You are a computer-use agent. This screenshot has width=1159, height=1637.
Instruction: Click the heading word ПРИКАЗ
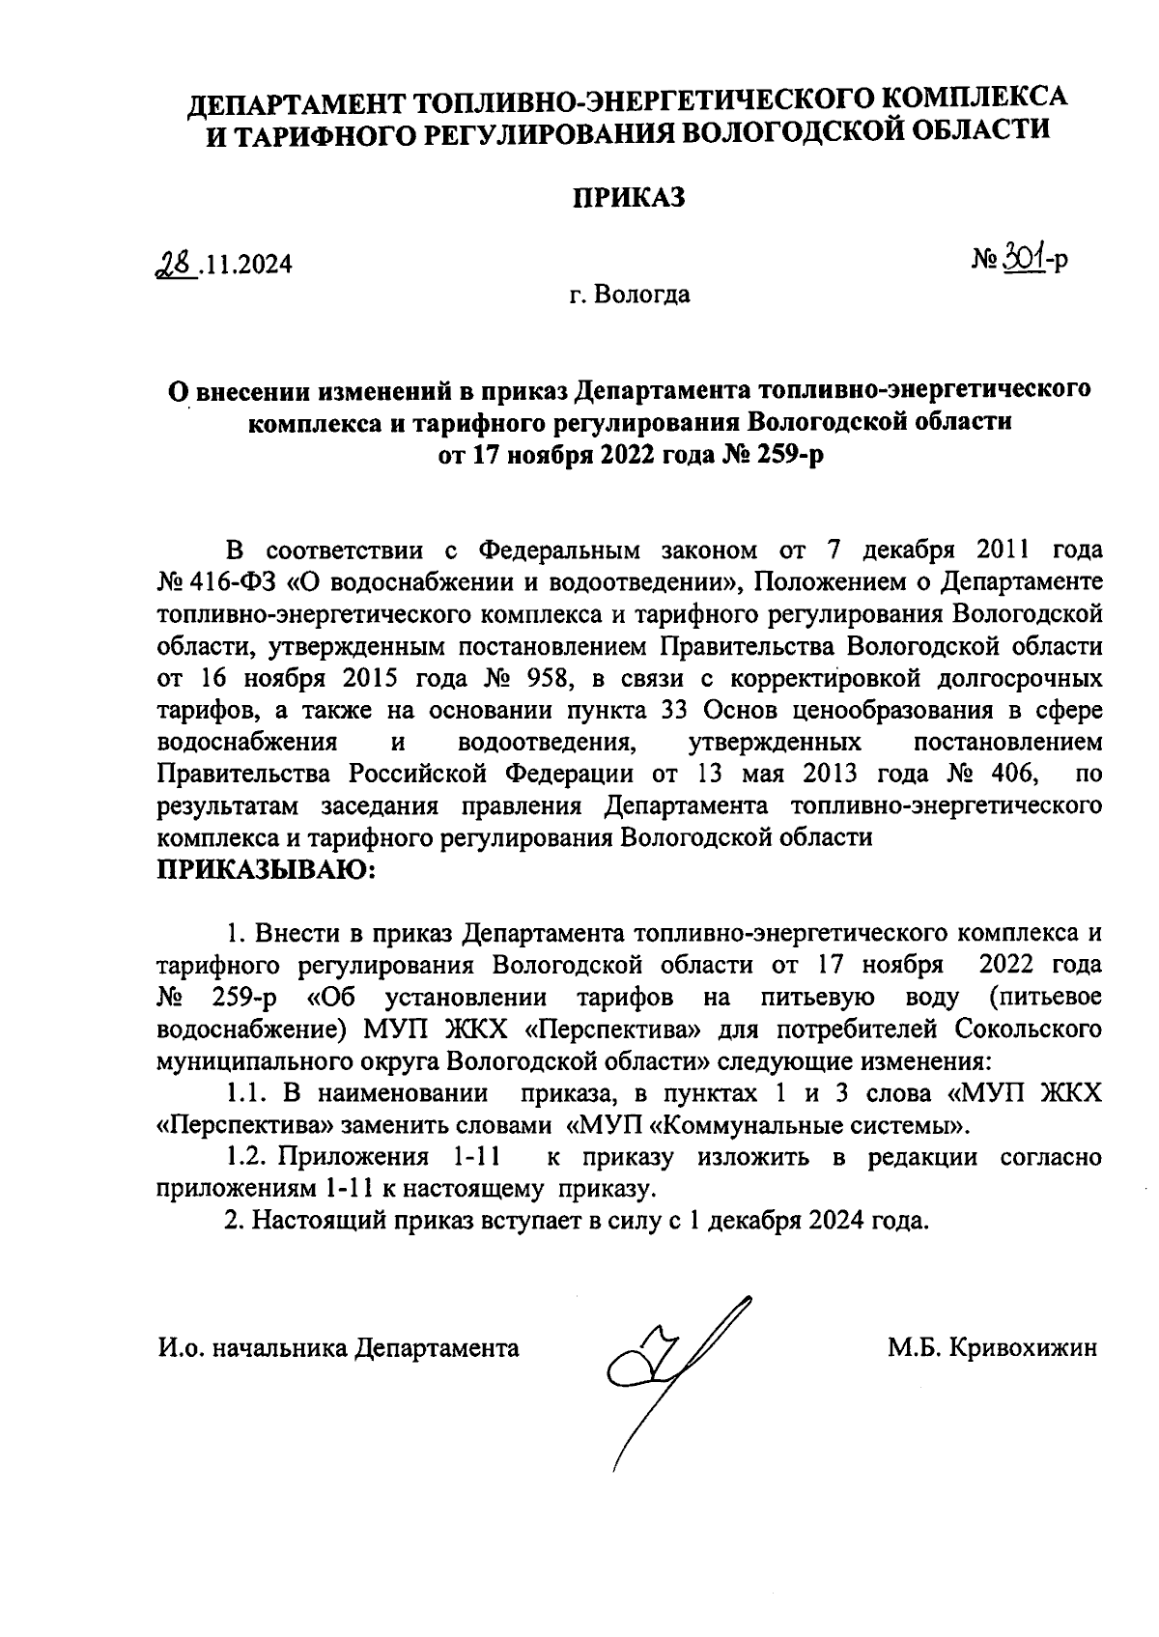pyautogui.click(x=629, y=198)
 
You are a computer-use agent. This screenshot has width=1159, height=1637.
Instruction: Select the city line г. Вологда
pyautogui.click(x=629, y=294)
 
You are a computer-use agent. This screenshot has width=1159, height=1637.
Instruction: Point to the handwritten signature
pyautogui.click(x=666, y=1362)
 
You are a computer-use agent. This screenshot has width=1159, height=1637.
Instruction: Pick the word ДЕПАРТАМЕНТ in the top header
pyautogui.click(x=295, y=101)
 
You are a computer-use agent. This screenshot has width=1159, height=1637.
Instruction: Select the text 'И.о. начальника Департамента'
pyautogui.click(x=338, y=1347)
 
